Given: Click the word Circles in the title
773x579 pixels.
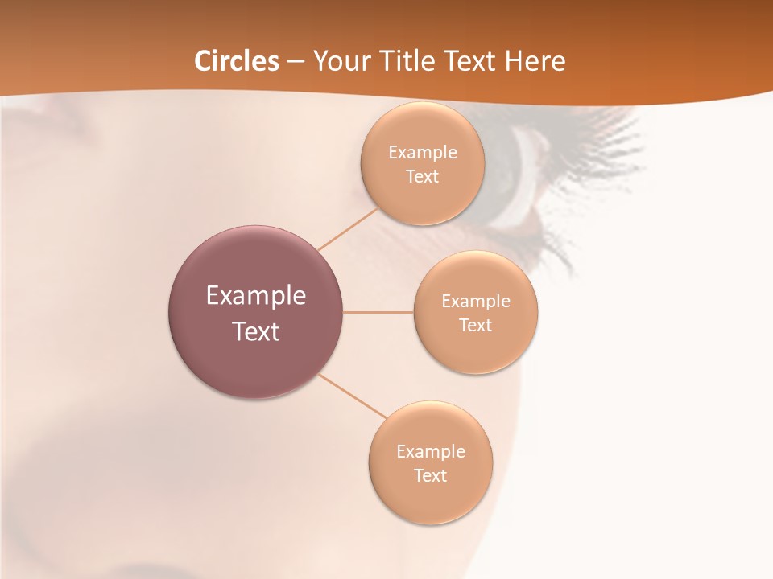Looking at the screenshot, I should click(x=237, y=61).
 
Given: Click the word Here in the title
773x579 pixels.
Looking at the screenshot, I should click(x=535, y=61).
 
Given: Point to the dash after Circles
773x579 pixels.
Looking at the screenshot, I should click(x=296, y=62).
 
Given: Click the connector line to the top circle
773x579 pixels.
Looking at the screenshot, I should click(x=348, y=228).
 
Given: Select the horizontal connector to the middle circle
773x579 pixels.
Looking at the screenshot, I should click(x=378, y=312).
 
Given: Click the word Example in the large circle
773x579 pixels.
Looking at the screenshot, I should click(x=256, y=296).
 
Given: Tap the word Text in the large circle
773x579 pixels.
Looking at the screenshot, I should click(x=256, y=331).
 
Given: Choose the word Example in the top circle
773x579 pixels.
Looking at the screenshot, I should click(x=422, y=153).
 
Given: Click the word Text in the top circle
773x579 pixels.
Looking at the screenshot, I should click(x=422, y=177).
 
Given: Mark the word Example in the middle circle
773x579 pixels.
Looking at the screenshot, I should click(x=475, y=302).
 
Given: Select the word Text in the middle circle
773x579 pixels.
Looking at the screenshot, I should click(x=475, y=326).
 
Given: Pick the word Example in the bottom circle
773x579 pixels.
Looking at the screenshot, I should click(x=430, y=452).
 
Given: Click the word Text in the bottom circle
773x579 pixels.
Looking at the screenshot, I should click(x=430, y=476).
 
